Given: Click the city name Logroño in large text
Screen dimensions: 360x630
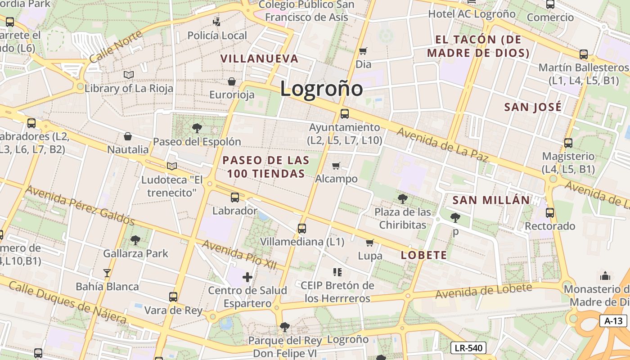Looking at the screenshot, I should (321, 89).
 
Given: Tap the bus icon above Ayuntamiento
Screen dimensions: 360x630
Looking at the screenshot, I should (344, 114).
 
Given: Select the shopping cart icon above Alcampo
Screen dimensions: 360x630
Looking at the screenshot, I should (336, 166).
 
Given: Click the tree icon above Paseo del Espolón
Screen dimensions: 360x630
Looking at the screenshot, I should (197, 128).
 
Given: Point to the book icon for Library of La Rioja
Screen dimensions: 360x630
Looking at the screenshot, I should (129, 75).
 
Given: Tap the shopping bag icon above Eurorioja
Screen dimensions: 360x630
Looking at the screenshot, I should (232, 81).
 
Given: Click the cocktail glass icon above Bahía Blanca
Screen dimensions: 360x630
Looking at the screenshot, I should (107, 273).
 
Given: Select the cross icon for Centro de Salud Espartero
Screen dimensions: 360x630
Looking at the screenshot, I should (247, 277).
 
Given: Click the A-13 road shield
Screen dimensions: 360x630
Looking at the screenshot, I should (613, 321).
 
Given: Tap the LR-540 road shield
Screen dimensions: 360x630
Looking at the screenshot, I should (468, 348).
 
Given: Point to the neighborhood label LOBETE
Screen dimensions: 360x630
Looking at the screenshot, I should (424, 255).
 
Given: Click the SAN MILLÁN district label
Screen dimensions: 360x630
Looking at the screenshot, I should (491, 200).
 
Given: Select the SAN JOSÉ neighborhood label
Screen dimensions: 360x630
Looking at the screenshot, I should (533, 107).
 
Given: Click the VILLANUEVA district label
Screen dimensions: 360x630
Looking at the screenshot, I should (259, 58).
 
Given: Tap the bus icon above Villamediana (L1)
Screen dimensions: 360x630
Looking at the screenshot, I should (301, 229).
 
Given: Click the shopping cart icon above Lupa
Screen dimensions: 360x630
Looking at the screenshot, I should (369, 243).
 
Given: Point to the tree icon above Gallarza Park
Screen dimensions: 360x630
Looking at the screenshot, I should (135, 240).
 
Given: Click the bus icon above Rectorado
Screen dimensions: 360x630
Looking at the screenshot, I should (549, 213).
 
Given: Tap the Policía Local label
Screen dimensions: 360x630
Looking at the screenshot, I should (217, 36).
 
